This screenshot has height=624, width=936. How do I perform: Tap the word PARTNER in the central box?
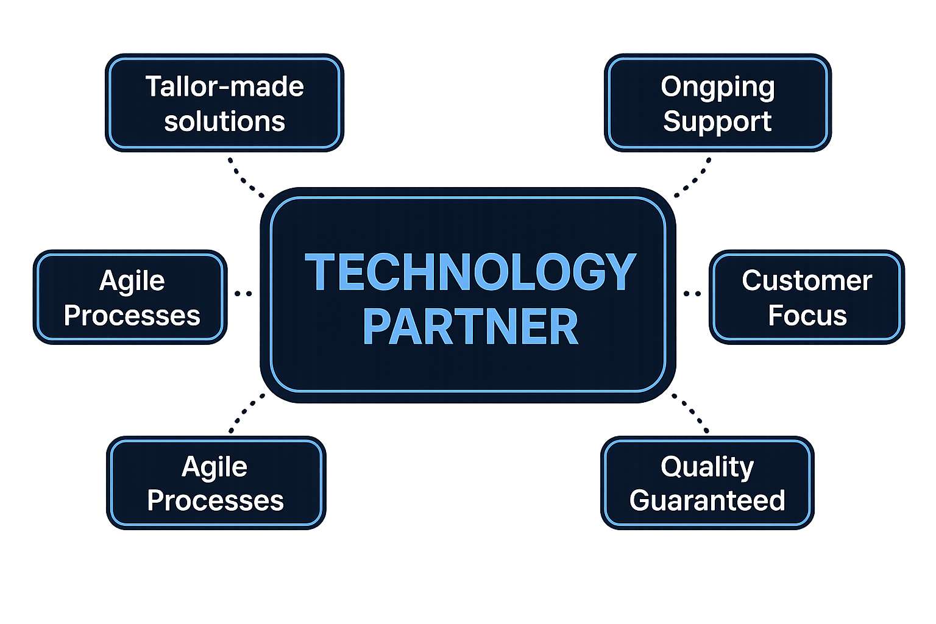pos(470,327)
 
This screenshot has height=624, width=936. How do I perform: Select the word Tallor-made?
pos(224,87)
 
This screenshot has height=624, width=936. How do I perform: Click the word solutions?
pos(224,121)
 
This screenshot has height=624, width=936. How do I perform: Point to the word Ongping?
pos(718,88)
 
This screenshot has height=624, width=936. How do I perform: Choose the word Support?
pos(718,121)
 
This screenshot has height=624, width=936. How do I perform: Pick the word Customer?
pos(807,280)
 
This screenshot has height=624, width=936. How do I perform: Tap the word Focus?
pos(807,315)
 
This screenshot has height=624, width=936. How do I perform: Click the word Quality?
pos(707,467)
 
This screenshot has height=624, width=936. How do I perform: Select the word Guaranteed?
pos(707,500)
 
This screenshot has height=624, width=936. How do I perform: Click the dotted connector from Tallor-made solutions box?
pos(246,178)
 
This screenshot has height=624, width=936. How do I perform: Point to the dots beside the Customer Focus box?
pos(692,294)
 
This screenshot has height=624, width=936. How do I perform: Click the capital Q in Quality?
pos(672,467)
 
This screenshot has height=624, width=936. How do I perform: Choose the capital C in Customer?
pos(753,280)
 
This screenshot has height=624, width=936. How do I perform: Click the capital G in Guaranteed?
pos(641,500)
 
